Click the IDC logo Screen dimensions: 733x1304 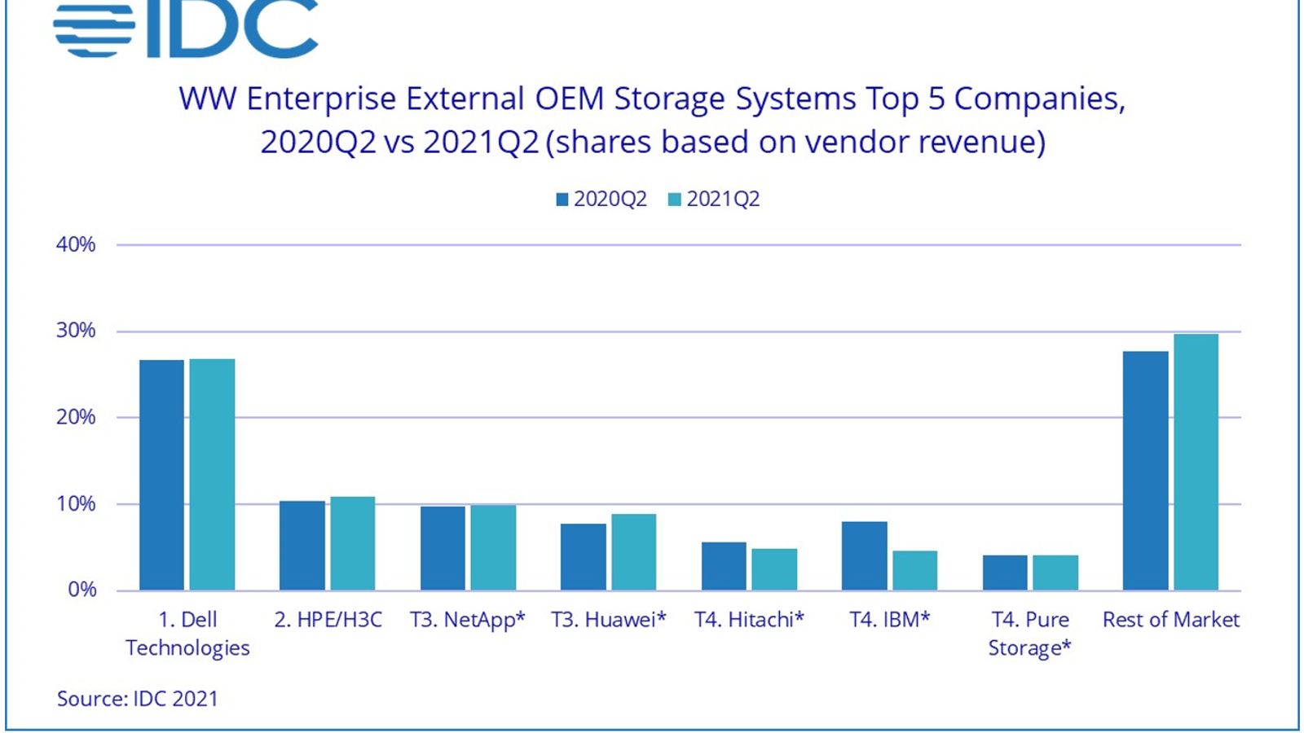(x=186, y=29)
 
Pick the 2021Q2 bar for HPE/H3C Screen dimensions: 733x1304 (x=352, y=543)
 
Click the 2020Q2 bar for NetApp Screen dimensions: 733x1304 (x=443, y=548)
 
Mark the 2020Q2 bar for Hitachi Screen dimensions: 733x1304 (x=724, y=566)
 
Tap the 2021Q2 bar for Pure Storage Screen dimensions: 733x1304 (x=1055, y=573)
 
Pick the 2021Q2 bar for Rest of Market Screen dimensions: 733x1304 (x=1196, y=462)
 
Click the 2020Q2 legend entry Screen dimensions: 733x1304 (x=601, y=200)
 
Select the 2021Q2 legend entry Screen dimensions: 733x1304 (x=714, y=200)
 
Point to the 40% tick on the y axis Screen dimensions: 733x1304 (x=76, y=244)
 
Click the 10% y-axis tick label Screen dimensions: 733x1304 (x=76, y=504)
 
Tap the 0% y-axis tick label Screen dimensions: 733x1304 (x=81, y=590)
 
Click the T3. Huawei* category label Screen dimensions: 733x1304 (x=608, y=620)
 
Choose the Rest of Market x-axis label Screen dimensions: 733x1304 (x=1170, y=620)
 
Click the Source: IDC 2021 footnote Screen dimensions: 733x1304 (x=138, y=699)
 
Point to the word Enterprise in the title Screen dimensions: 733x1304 (x=323, y=99)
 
